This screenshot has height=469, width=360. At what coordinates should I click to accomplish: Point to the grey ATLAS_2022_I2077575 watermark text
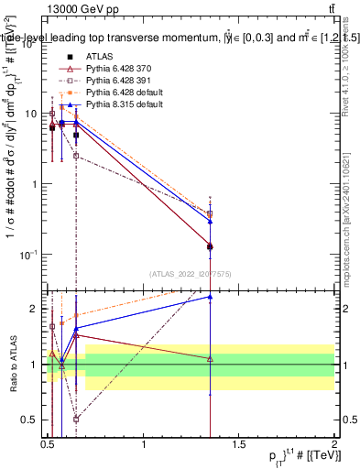pos(191,273)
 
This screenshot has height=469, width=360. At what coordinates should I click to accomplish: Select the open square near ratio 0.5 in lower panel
pos(76,419)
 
